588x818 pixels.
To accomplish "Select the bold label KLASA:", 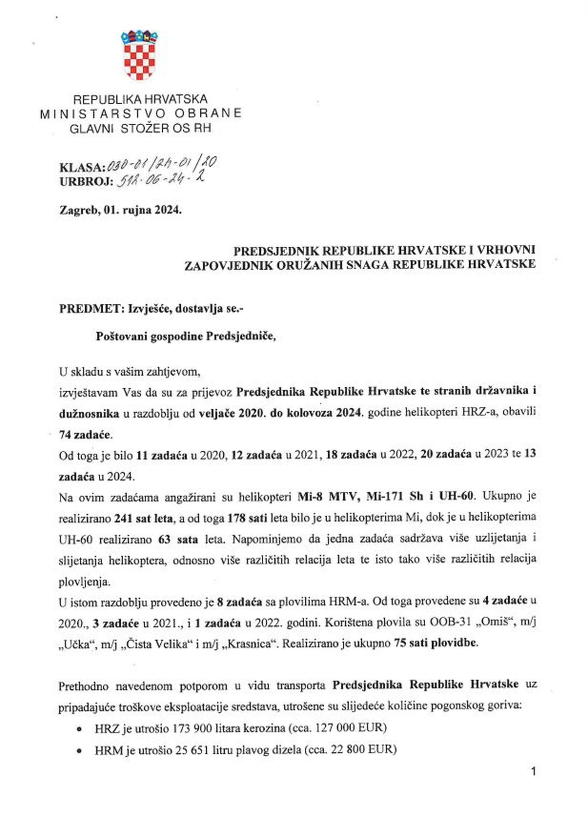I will pyautogui.click(x=82, y=167).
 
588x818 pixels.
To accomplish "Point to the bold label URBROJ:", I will pyautogui.click(x=86, y=182).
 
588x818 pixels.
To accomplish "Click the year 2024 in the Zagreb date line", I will pyautogui.click(x=168, y=210).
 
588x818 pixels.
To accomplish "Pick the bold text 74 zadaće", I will pyautogui.click(x=85, y=435).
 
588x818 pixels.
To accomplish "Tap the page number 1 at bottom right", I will pyautogui.click(x=533, y=771).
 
